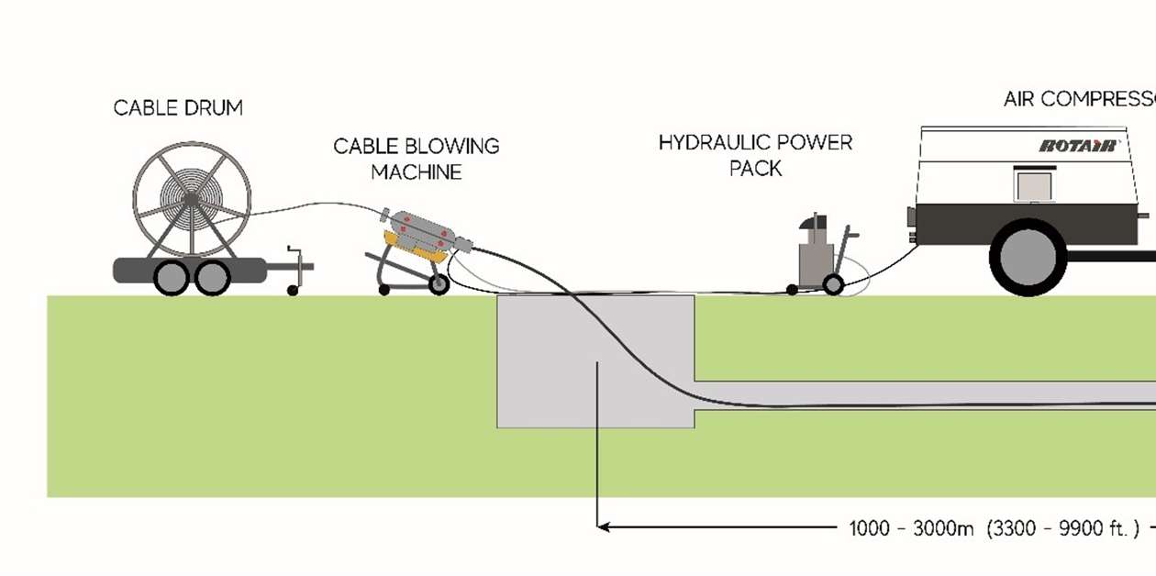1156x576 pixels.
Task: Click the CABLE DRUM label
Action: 178,107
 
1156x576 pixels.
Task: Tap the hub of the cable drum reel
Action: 189,198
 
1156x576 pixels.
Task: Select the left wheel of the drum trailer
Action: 172,277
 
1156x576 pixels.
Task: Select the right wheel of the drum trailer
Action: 212,277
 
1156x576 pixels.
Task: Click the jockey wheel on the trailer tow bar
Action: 293,290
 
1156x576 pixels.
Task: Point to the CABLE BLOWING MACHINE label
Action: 416,159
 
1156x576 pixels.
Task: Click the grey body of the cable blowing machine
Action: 423,229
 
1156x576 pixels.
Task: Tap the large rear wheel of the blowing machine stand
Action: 439,284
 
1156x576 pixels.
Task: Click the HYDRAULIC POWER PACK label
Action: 755,155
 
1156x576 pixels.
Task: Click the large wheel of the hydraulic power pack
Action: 833,284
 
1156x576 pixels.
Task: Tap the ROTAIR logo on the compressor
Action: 1077,145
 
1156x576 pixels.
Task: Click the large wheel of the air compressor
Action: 1028,257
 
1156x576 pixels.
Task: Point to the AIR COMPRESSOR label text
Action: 1079,99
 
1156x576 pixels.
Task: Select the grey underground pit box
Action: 550,385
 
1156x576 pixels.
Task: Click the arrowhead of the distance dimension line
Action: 603,526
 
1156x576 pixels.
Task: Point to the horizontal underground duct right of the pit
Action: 917,395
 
